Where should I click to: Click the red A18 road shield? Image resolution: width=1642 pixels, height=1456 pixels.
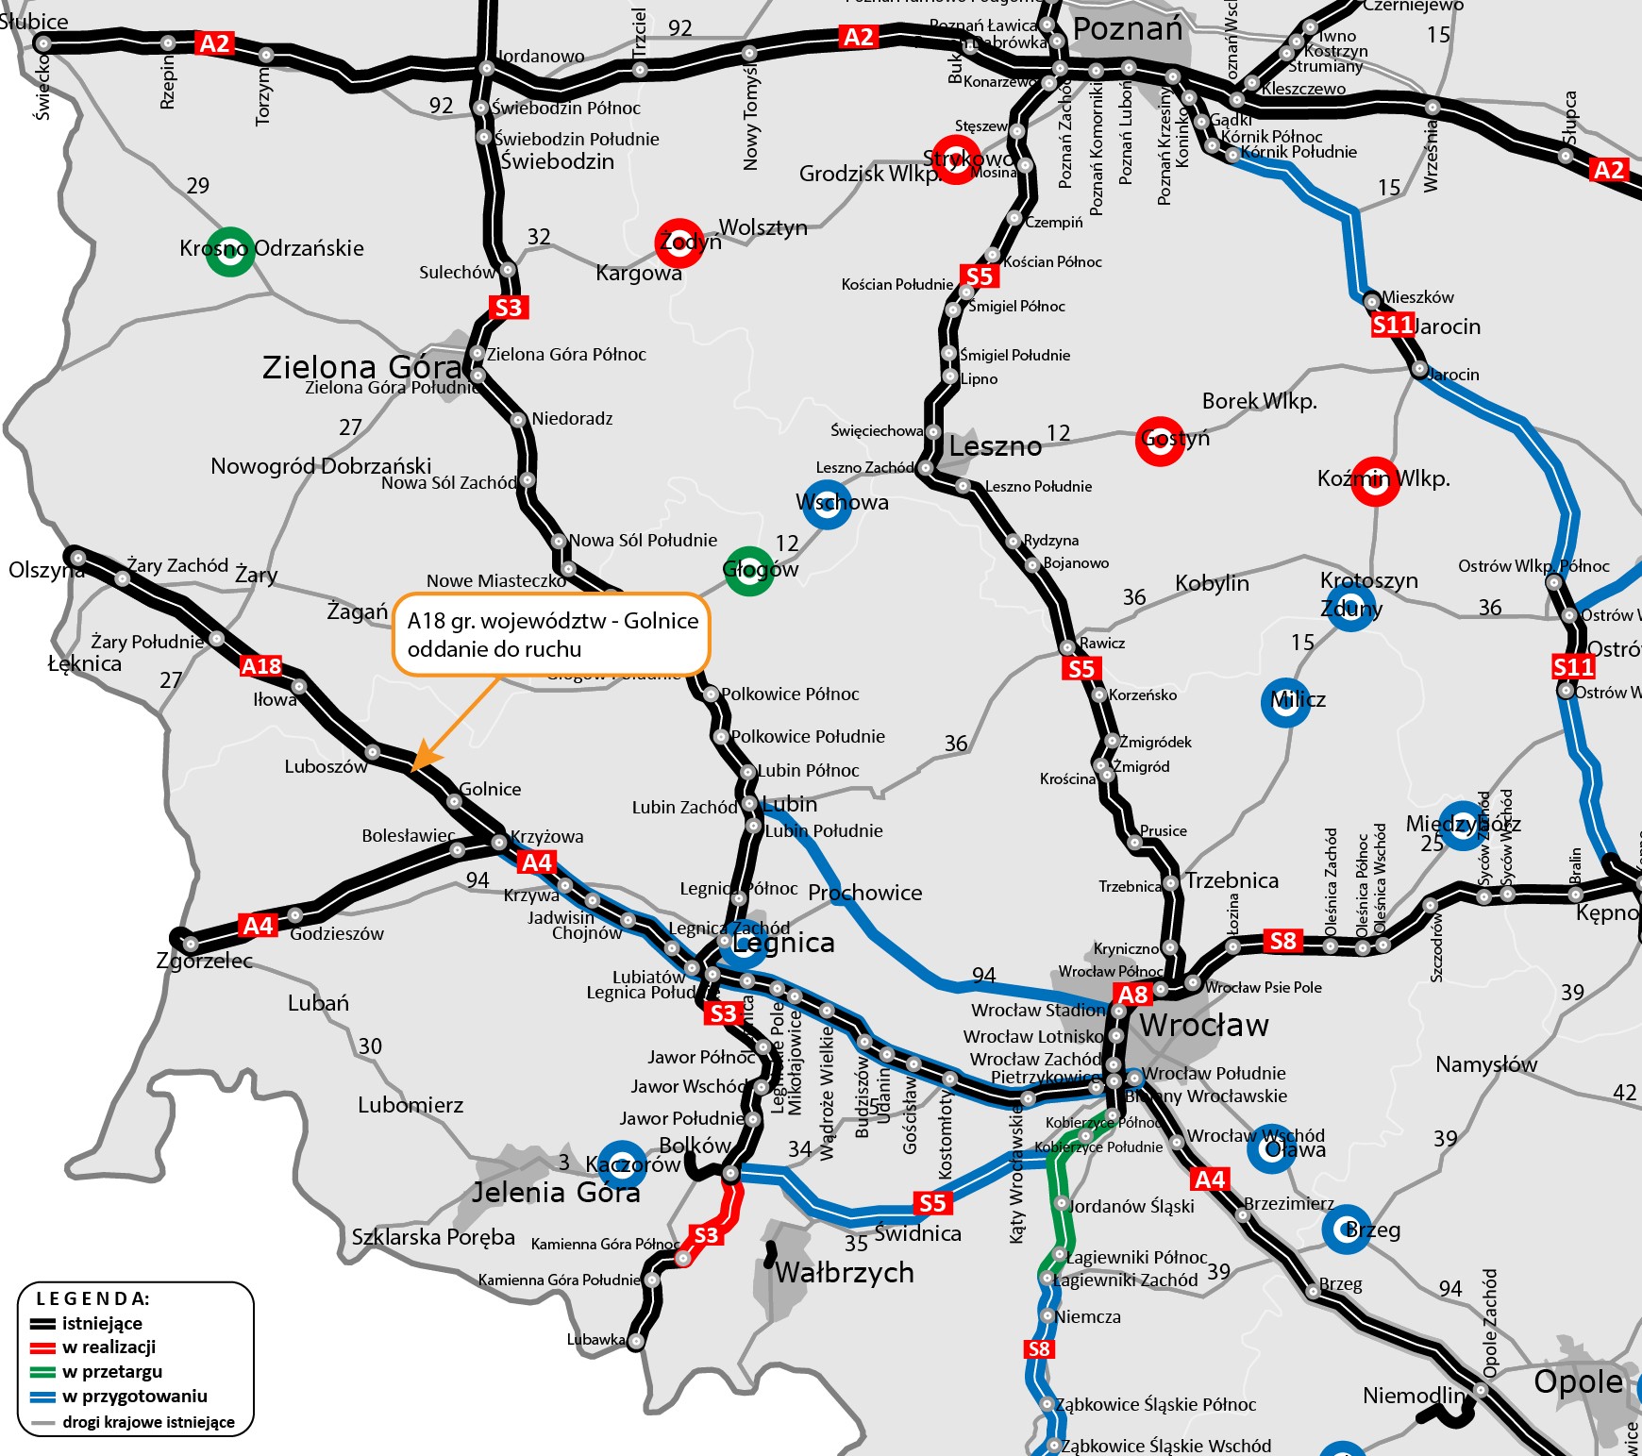[x=261, y=666]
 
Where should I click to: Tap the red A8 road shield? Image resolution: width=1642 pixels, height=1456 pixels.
[x=1132, y=995]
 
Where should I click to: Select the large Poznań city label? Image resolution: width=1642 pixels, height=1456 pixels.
[x=1128, y=29]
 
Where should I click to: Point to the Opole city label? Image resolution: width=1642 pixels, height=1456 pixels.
[x=1578, y=1381]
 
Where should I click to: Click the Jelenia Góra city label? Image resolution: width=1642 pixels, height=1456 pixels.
[x=556, y=1193]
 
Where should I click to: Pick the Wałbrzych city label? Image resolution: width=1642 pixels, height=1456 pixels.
[x=845, y=1273]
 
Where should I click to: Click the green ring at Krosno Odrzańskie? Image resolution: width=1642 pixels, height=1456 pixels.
[x=230, y=252]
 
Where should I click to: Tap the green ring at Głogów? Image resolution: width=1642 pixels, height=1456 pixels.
[x=749, y=571]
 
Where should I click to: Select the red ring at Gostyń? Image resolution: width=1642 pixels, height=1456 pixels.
[x=1160, y=441]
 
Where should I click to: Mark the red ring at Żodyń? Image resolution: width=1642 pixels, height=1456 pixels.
[x=679, y=243]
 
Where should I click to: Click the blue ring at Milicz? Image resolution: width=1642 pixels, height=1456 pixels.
[x=1285, y=702]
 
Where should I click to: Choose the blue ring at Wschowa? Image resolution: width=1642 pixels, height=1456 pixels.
[x=827, y=504]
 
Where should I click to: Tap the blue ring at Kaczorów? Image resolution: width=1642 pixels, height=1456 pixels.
[x=622, y=1165]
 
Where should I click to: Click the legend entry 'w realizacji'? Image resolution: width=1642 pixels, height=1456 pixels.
[x=109, y=1347]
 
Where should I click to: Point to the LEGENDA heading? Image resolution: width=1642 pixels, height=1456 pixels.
[x=92, y=1299]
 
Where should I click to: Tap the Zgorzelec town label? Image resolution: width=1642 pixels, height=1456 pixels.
[x=204, y=962]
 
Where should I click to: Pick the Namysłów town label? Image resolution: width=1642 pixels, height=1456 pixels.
[x=1486, y=1065]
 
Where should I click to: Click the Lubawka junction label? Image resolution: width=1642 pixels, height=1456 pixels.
[x=595, y=1340]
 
